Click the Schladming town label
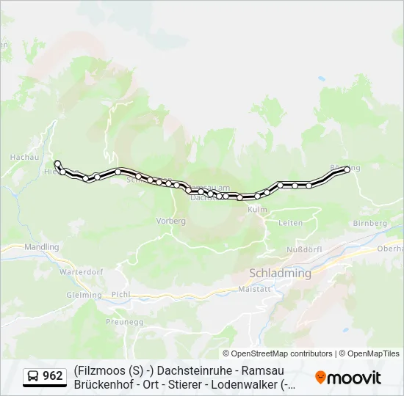pyautogui.click(x=280, y=273)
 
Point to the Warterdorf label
pyautogui.click(x=79, y=271)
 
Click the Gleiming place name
pyautogui.click(x=84, y=295)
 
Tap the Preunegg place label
pyautogui.click(x=123, y=321)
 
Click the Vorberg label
pyautogui.click(x=170, y=220)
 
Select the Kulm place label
pyautogui.click(x=258, y=210)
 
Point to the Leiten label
pyautogui.click(x=291, y=222)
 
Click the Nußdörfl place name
pyautogui.click(x=303, y=249)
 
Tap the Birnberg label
pyautogui.click(x=369, y=222)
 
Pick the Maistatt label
pyautogui.click(x=256, y=289)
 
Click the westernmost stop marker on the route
pyautogui.click(x=57, y=164)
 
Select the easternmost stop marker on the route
pyautogui.click(x=347, y=169)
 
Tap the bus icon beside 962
pyautogui.click(x=33, y=376)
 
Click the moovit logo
pyautogui.click(x=348, y=378)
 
